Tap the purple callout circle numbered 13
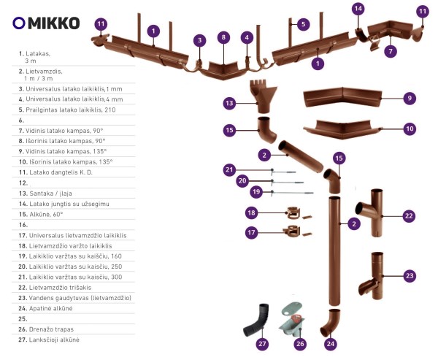[229, 104]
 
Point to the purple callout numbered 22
[409, 216]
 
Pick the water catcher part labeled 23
[371, 275]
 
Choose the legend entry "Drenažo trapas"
[46, 329]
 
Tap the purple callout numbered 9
[410, 98]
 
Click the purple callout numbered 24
[331, 343]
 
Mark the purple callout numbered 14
[358, 9]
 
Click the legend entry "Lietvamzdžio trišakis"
[55, 288]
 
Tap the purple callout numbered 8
[223, 37]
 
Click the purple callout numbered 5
[304, 24]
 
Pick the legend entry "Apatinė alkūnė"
[45, 309]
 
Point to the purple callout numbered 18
[251, 213]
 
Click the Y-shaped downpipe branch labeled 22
[369, 213]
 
